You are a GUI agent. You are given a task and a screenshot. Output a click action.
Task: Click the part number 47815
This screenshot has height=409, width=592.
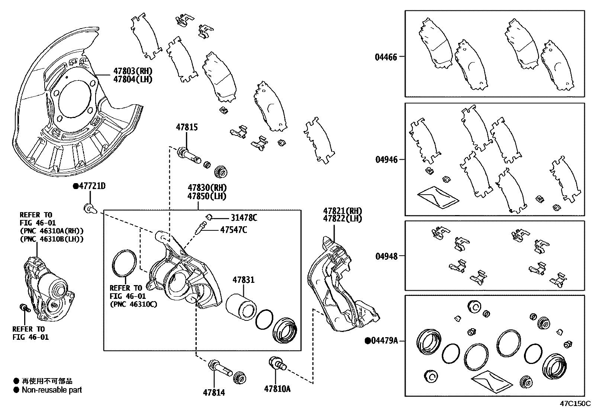tap(187, 127)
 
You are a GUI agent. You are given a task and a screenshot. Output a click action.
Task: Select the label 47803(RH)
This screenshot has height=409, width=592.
tap(133, 71)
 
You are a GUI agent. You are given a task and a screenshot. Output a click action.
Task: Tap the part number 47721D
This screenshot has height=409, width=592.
tap(92, 186)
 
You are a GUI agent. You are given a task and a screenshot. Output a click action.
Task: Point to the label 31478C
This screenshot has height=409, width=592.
tap(244, 218)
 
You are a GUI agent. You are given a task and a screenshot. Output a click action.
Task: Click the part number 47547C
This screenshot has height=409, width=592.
tap(233, 230)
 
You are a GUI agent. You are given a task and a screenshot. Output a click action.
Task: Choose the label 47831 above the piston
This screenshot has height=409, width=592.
tap(244, 279)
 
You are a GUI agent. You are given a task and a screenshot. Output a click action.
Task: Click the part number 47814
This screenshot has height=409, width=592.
tap(214, 392)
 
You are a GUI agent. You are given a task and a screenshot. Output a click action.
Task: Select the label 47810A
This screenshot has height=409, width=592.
tap(277, 389)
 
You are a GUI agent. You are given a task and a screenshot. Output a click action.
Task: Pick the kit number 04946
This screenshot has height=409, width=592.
tap(386, 160)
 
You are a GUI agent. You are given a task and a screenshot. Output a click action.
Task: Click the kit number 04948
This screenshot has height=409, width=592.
tap(386, 256)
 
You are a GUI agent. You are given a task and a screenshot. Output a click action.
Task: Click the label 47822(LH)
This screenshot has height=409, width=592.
tap(342, 218)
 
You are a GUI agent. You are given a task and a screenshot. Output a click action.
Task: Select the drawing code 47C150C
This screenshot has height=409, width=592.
tap(576, 403)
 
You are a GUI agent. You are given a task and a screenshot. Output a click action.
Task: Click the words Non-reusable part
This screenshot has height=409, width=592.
tap(52, 390)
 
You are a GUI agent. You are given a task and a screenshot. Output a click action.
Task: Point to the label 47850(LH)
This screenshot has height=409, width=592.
tap(207, 196)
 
